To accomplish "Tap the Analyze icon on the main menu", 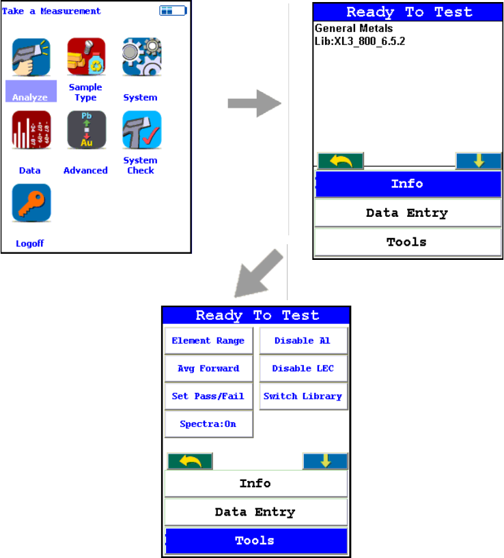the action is point(31,57).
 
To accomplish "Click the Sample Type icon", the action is point(86,57).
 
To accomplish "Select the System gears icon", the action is point(141,57).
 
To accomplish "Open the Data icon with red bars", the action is point(31,130).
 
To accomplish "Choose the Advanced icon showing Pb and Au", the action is point(86,130).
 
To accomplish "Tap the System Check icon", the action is point(141,130).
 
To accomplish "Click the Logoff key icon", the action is point(31,203).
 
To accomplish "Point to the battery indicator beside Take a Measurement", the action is point(172,11).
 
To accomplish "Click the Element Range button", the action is point(208,340).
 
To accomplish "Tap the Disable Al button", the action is point(303,340).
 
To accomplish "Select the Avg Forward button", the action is point(208,368).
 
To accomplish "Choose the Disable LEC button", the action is point(303,368).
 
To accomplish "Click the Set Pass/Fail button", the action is point(208,396).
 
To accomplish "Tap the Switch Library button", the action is point(303,396).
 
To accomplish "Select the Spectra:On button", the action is point(208,424).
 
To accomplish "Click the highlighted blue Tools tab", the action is point(255,541).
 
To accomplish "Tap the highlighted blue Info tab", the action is point(407,183).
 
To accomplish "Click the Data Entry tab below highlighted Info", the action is point(407,213).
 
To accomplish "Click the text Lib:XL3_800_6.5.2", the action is point(360,41).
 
